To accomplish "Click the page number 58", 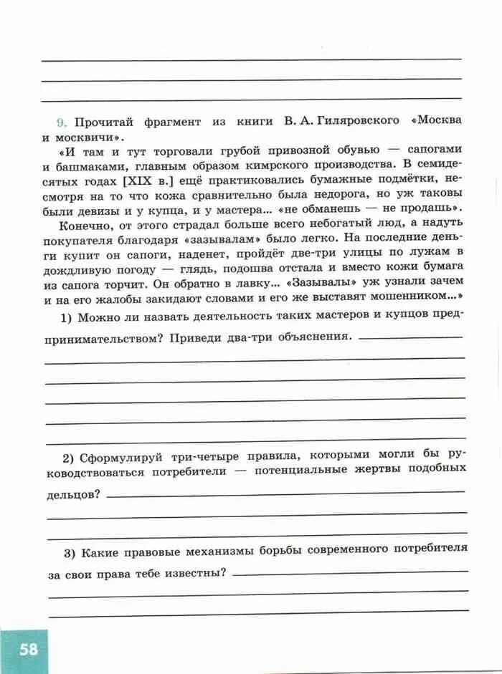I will pos(29,650).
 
